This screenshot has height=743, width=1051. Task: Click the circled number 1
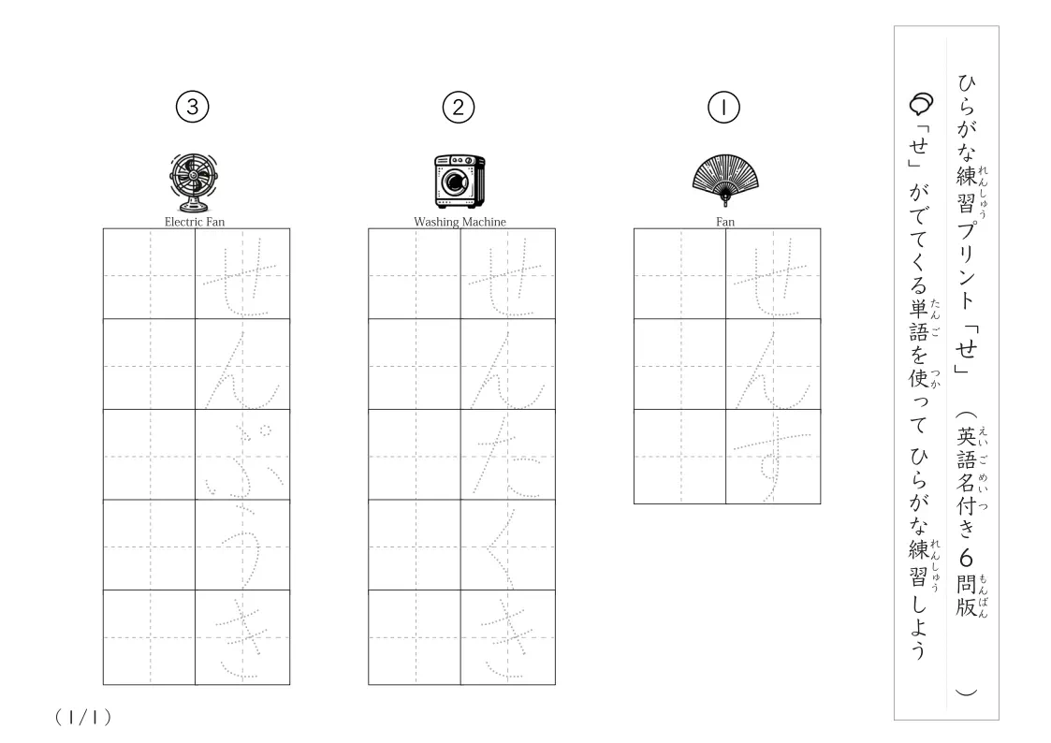click(x=723, y=108)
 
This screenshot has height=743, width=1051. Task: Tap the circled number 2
click(x=459, y=108)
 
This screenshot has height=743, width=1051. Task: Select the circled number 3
click(x=193, y=107)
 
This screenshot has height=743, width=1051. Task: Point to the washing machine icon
click(x=460, y=181)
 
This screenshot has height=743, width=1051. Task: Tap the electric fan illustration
click(x=194, y=182)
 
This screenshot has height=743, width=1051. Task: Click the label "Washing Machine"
click(x=460, y=222)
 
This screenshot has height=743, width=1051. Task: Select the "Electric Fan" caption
click(x=195, y=222)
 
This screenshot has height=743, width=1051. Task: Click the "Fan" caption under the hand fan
click(x=725, y=222)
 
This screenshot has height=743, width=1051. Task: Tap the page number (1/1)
click(x=83, y=718)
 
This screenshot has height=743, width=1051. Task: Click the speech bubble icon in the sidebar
click(x=921, y=103)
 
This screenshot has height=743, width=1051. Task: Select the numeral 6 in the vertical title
click(x=965, y=558)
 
